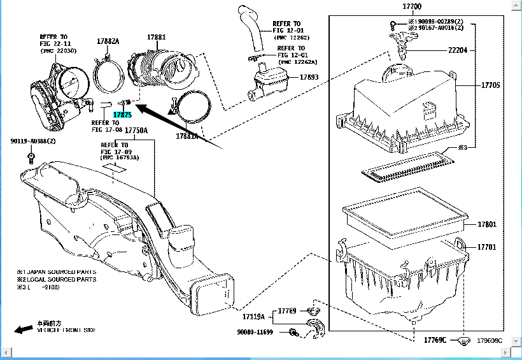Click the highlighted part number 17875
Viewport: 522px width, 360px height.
point(122,115)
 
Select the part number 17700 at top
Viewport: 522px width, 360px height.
point(412,7)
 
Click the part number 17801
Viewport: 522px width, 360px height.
point(488,224)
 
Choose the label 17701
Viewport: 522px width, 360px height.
point(488,247)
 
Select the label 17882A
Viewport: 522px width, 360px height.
point(108,41)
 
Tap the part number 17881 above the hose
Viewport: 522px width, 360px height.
point(156,38)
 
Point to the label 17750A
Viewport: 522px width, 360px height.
point(136,130)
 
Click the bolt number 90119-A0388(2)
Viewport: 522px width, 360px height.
point(33,141)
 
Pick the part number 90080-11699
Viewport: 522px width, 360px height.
point(255,332)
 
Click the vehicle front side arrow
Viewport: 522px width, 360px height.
point(24,329)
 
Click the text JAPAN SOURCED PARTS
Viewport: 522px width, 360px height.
point(60,271)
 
